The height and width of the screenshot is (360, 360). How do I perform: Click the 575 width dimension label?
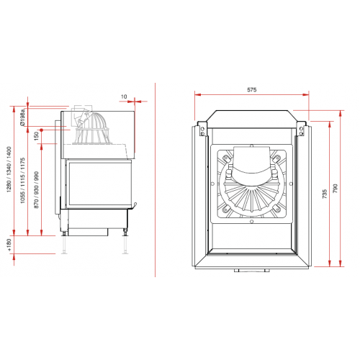click(252, 90)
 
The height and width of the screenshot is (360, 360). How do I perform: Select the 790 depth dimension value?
click(336, 188)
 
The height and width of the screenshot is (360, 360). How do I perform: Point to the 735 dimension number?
click(325, 194)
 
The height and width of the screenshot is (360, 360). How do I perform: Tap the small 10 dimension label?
click(124, 96)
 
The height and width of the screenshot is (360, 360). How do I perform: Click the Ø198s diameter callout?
click(22, 117)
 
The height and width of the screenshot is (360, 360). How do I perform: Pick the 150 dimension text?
click(36, 136)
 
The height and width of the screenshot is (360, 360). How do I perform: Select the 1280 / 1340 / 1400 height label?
click(9, 169)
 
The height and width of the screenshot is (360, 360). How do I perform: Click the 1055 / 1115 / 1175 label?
click(22, 180)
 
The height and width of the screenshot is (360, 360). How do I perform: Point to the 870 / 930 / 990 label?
click(36, 190)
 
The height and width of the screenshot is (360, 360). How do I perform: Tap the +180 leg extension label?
click(9, 245)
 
